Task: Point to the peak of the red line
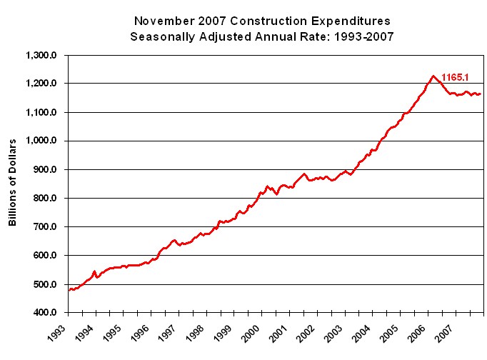pyautogui.click(x=433, y=76)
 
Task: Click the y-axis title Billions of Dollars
pyautogui.click(x=13, y=184)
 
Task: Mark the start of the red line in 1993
pyautogui.click(x=69, y=290)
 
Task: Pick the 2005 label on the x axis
pyautogui.click(x=390, y=333)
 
